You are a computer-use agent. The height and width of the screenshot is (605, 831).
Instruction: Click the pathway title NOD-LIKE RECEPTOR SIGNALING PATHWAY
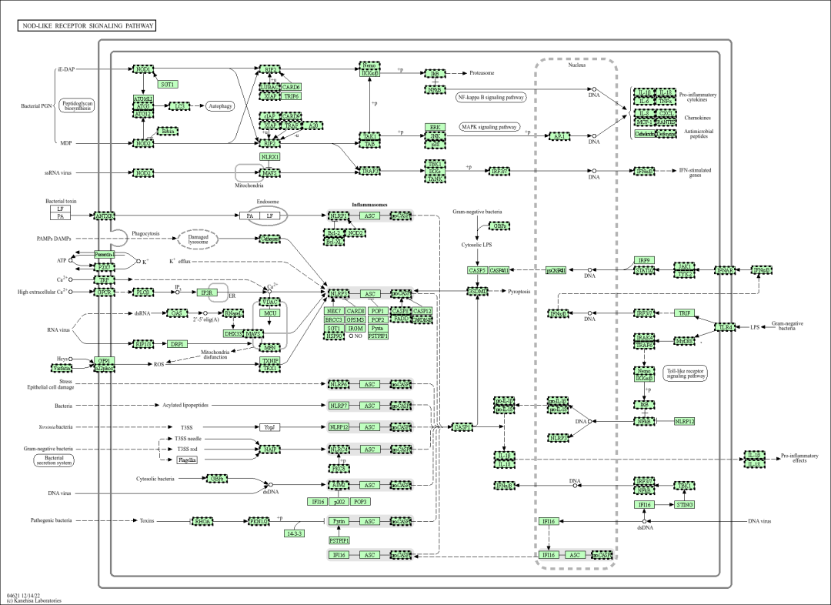86,26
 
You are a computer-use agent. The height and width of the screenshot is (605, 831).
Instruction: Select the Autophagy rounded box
219,105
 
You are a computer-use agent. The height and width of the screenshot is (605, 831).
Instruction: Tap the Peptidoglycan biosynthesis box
78,105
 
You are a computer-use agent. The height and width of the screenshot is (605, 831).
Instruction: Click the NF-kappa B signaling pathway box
491,98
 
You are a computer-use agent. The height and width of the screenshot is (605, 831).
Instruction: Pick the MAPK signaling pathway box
489,127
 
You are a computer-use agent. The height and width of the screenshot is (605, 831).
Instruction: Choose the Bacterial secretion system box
54,460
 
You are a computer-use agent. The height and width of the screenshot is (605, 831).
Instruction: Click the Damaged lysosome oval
198,239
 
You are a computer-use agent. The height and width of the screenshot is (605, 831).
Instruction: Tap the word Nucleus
577,65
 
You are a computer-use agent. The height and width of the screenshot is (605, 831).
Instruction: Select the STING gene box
684,505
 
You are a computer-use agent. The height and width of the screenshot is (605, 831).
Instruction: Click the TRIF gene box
684,313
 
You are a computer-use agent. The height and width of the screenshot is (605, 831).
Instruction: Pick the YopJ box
269,426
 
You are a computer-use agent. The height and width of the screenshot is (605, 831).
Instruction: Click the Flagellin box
187,460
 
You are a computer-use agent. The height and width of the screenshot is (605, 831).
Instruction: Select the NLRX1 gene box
270,157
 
